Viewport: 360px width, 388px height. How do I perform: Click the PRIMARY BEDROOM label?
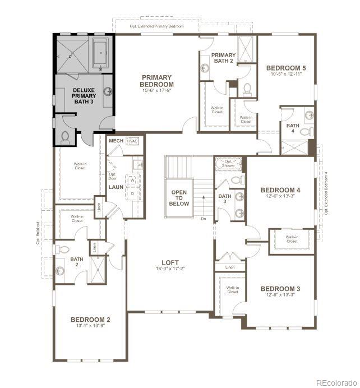[157, 81]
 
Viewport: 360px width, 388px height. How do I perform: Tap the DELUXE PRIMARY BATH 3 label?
[84, 96]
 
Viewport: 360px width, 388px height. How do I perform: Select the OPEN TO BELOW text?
[179, 198]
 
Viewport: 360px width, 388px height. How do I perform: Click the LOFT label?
[170, 262]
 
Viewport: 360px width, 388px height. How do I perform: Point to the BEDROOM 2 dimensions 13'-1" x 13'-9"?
[90, 326]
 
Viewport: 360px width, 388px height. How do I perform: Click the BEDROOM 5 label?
[286, 67]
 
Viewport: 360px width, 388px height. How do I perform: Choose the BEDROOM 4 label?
[280, 191]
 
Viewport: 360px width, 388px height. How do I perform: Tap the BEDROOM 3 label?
[280, 289]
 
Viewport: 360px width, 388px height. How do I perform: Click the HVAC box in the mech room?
[132, 141]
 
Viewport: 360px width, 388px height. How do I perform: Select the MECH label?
[116, 141]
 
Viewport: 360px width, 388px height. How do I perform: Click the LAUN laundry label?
[116, 187]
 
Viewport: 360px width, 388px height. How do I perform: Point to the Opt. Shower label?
[228, 164]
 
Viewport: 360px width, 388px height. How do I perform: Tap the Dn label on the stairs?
[203, 218]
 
